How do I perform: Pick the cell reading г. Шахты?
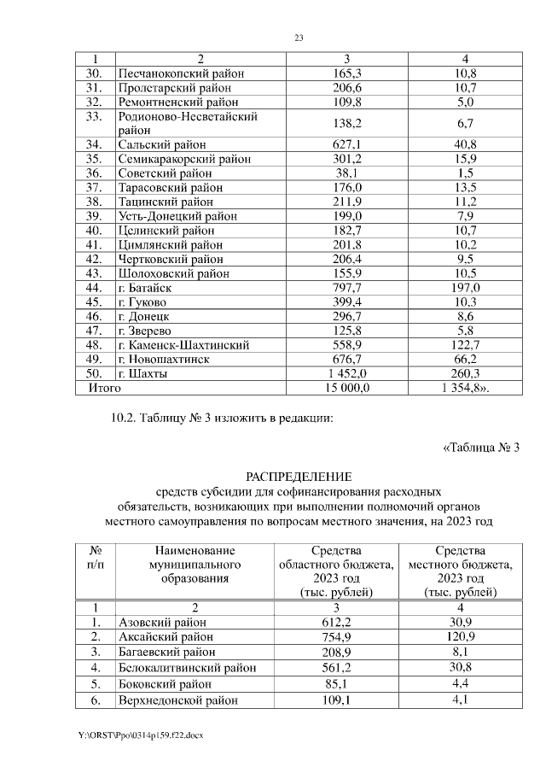click(x=142, y=374)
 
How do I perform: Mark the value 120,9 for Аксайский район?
click(x=461, y=637)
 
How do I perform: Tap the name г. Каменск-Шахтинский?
click(x=183, y=345)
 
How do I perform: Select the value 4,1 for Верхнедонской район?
click(x=461, y=700)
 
